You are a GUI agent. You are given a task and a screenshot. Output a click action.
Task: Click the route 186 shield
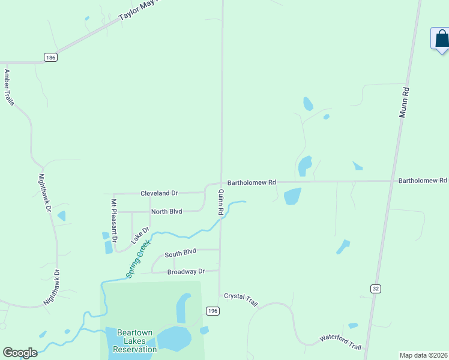point(51,57)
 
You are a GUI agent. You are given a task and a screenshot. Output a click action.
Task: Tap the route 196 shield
point(212,310)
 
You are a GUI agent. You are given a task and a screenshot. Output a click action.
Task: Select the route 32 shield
point(375,289)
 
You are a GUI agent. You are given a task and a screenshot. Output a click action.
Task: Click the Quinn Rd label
point(221,202)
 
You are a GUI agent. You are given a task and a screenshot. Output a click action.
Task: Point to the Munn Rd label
point(406,102)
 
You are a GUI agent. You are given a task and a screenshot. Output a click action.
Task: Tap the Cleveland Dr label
point(159,193)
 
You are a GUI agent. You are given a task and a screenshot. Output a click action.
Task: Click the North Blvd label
point(166,211)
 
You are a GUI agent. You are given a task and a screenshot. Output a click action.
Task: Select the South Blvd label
point(181,252)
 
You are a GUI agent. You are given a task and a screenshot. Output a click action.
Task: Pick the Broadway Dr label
point(186,271)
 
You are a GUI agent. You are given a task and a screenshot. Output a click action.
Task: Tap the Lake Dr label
point(140,235)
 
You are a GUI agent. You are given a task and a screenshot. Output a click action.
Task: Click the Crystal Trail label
point(241,299)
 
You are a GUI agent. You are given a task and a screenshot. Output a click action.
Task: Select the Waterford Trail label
point(340,343)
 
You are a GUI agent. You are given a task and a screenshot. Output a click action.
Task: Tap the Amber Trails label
point(9,88)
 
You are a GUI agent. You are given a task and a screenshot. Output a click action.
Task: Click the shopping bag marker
point(441,39)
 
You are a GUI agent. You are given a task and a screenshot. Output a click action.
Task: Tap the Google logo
point(20,353)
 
